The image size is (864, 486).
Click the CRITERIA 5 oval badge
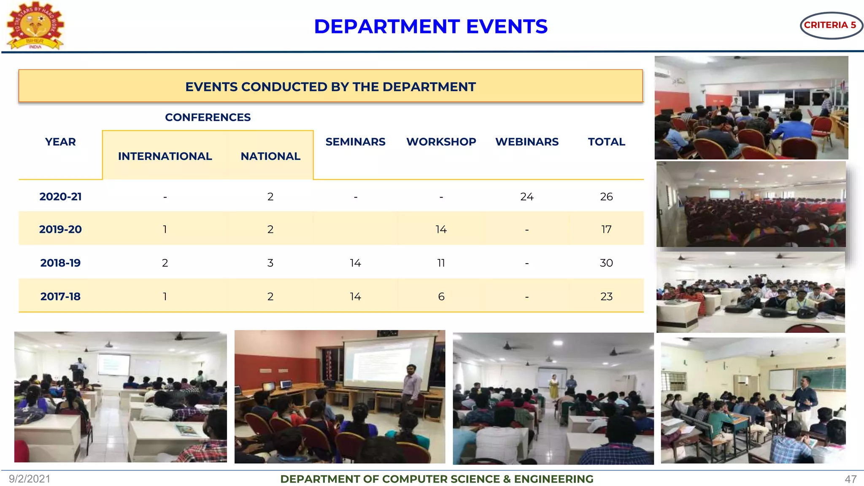831,25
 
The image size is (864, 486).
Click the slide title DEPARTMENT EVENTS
431,27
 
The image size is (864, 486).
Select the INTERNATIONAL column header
165,156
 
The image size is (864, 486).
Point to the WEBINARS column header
527,142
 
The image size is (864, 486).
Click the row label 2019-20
60,229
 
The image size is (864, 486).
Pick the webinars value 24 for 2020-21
527,197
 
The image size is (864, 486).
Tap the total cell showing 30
606,263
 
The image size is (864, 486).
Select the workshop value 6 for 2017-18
441,297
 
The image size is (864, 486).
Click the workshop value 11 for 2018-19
441,263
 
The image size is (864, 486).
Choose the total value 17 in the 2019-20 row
606,229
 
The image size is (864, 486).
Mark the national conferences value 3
270,263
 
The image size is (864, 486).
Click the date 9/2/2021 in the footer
30,479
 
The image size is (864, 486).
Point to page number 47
850,479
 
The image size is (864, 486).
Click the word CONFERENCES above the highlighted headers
208,117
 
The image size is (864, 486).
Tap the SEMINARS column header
355,142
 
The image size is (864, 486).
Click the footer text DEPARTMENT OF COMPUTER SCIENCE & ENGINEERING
437,479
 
